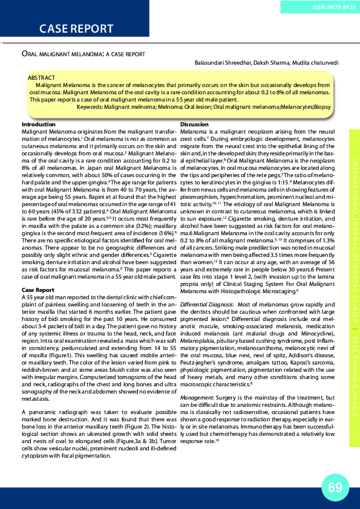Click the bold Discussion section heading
(x=195, y=125)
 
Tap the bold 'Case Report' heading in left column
(x=38, y=290)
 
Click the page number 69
(x=335, y=486)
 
